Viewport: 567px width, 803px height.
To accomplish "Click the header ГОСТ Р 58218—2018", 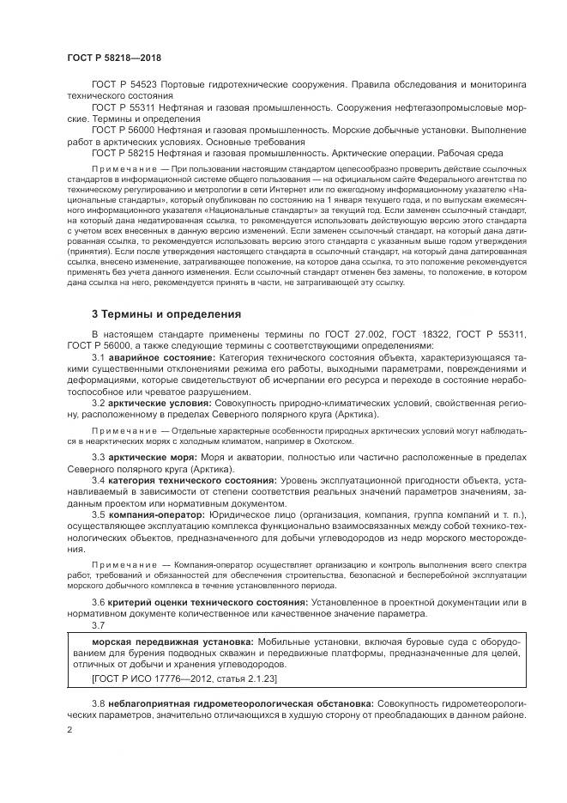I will [x=113, y=57].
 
